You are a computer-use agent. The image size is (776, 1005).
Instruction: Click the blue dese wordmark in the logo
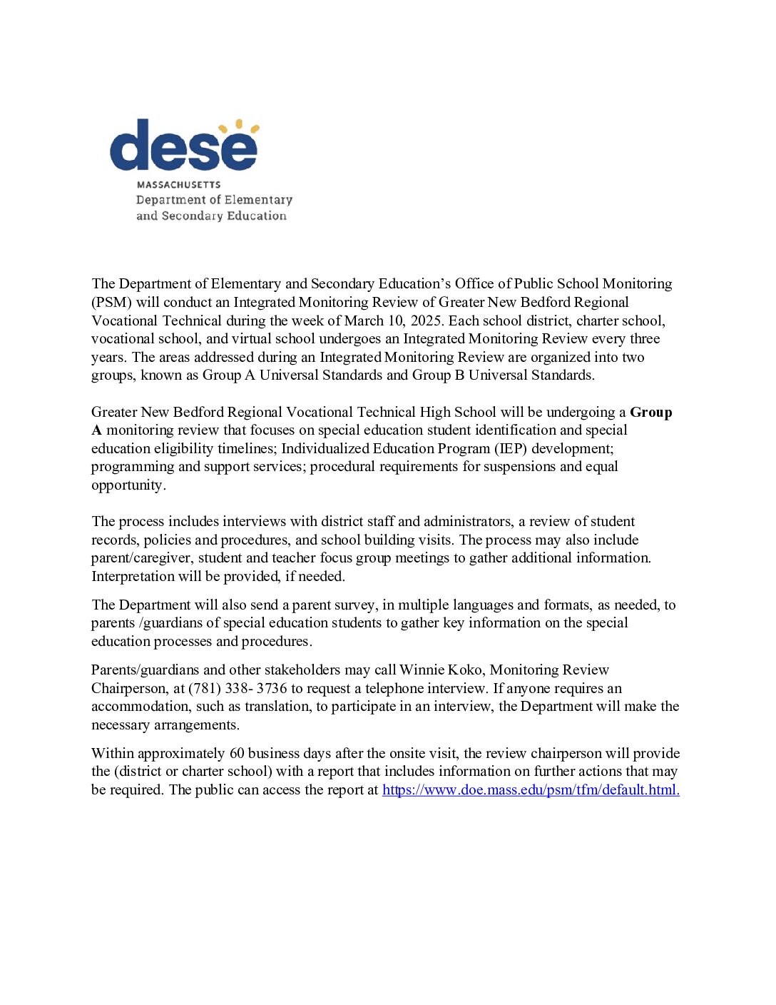pos(183,146)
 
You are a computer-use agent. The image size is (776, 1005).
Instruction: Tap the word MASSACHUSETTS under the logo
pos(178,185)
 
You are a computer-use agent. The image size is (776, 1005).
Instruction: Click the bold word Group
pos(650,413)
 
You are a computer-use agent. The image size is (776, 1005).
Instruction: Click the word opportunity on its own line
pos(128,485)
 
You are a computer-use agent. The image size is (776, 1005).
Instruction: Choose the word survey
pos(354,605)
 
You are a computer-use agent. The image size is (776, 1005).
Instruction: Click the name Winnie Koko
pos(441,670)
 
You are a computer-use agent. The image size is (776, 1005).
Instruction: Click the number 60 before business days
pos(237,754)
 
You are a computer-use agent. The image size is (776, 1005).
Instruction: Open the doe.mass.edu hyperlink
pos(530,790)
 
